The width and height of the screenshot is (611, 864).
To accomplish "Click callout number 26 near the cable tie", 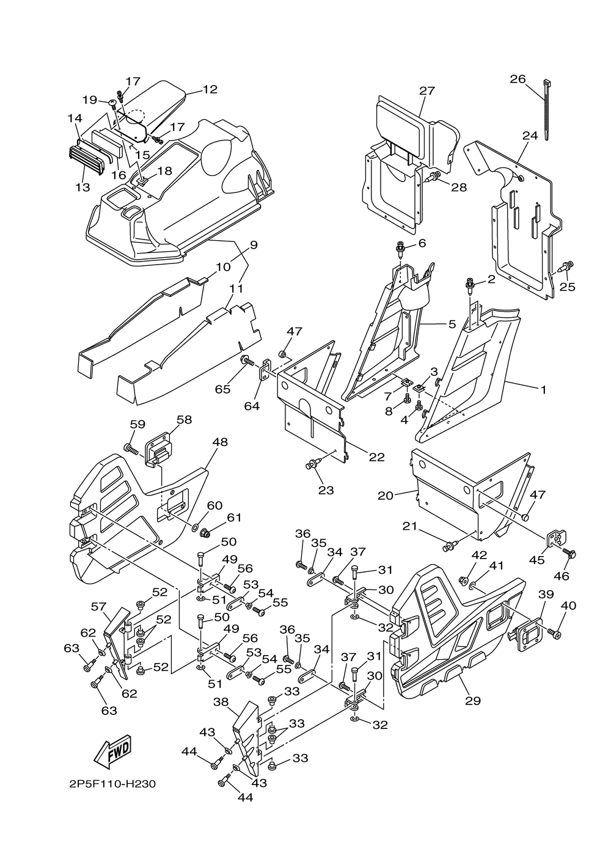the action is tap(518, 79).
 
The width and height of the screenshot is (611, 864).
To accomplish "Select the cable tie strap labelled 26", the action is tap(546, 109).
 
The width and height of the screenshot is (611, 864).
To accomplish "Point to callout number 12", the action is tap(210, 89).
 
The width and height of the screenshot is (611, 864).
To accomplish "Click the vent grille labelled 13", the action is tap(86, 162).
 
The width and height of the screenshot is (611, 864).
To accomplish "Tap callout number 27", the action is tap(427, 90).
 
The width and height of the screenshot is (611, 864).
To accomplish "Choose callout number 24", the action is tap(530, 136).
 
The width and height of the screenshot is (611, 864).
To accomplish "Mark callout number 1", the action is tap(544, 390).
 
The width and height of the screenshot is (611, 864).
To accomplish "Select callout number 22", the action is tap(376, 456).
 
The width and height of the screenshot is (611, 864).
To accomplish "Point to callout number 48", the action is tap(219, 442).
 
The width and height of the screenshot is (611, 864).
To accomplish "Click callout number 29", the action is tap(473, 700).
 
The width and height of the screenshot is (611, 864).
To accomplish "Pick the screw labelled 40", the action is tap(555, 633).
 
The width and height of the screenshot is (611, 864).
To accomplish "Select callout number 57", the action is tap(98, 607).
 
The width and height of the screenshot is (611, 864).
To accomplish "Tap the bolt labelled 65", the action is tap(246, 361).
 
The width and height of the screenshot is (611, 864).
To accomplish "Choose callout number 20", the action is tap(386, 496).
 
